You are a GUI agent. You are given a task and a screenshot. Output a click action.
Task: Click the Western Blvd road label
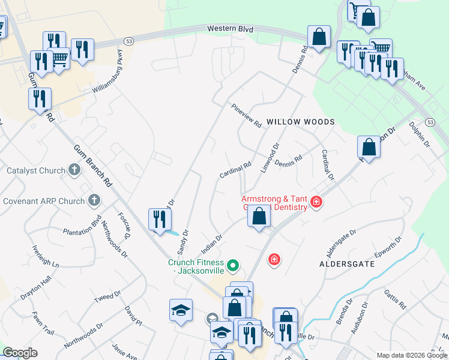click(x=231, y=29)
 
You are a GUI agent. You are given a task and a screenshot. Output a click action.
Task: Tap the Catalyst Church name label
click(x=35, y=170)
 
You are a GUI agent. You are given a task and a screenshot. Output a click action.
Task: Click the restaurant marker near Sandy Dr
click(x=158, y=219)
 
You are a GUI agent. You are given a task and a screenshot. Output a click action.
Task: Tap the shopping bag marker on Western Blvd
click(x=319, y=37)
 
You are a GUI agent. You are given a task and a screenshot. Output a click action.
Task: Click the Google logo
click(x=20, y=353)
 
